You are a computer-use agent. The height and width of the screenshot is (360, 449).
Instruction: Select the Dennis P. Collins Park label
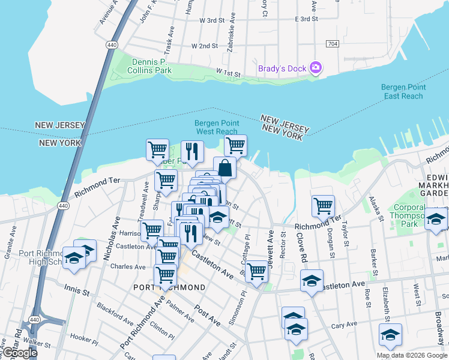[x=149, y=66]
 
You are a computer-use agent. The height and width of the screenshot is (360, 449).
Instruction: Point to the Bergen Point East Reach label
[x=403, y=92]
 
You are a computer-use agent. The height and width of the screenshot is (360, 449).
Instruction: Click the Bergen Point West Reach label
[x=217, y=127]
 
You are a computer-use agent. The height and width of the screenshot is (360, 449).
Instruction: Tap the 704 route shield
[x=332, y=44]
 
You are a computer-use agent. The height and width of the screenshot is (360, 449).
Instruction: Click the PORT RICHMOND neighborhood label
[x=169, y=287]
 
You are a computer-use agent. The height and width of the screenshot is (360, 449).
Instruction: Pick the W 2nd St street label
[x=205, y=46]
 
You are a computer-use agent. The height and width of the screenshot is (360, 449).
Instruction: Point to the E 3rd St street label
[x=306, y=19]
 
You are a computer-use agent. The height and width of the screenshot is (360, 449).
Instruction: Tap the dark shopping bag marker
[x=224, y=167]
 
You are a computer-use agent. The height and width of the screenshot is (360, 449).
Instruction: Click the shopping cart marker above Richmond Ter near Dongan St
[x=323, y=206]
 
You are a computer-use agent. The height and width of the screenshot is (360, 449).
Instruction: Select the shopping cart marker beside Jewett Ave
[x=257, y=271]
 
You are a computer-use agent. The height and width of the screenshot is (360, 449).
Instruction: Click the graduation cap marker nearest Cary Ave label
[x=390, y=335]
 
